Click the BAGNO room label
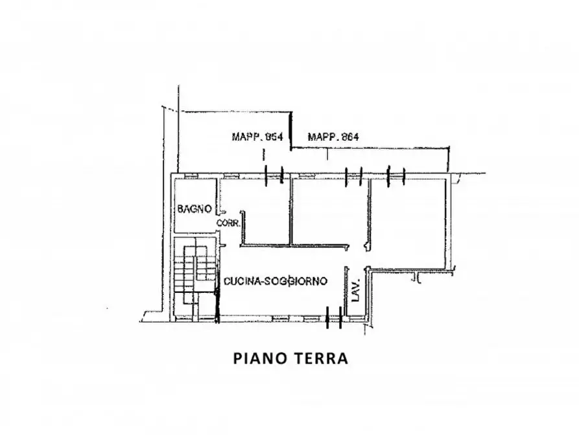195,209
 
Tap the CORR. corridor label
229,223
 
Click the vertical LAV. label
355,290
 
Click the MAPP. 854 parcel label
257,137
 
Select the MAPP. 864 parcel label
333,137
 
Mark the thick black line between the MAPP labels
290,130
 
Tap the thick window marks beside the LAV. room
334,317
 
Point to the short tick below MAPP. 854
264,155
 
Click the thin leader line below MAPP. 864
327,154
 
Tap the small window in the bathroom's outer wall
191,176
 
